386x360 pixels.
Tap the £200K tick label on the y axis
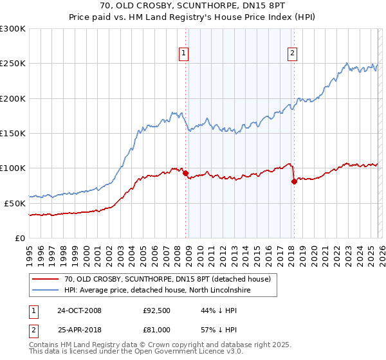(x=12, y=98)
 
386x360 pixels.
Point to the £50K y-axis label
(x=14, y=203)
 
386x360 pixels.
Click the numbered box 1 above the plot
(x=184, y=53)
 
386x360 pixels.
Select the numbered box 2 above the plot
(x=292, y=53)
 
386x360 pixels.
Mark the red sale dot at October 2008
(x=186, y=174)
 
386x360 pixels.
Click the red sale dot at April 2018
(x=294, y=181)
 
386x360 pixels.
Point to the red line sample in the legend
(x=46, y=279)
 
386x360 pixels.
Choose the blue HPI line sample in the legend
(x=46, y=291)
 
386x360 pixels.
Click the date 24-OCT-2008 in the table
(x=80, y=310)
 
